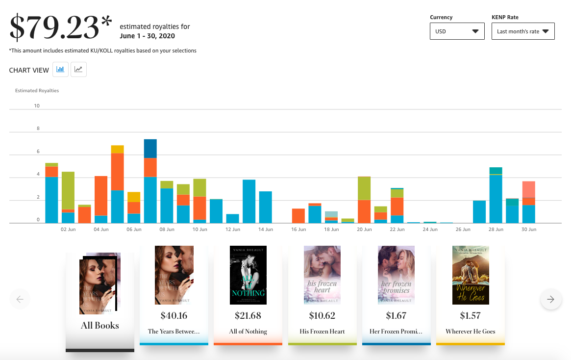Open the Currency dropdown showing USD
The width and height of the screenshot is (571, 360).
[x=457, y=31]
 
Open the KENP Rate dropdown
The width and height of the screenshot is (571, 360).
[x=523, y=31]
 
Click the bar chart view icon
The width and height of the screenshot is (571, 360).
[x=60, y=69]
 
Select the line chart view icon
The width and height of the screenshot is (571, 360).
[x=78, y=69]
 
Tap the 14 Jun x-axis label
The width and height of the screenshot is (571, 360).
[x=266, y=230]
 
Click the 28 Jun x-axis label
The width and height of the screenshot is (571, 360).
[x=496, y=230]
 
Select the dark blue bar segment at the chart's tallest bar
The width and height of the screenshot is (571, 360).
[x=150, y=149]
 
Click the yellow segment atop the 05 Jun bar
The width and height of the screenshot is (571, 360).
[x=118, y=149]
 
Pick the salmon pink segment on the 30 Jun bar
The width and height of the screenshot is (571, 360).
[x=529, y=189]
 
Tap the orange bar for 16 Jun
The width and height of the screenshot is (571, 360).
[x=298, y=216]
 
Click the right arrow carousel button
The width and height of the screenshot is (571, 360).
[x=551, y=299]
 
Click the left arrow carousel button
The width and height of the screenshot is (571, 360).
[x=20, y=299]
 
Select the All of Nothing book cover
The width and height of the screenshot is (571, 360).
[x=248, y=275]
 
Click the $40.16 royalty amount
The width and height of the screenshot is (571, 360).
[x=174, y=315]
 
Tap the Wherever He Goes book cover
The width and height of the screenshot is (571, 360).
[x=471, y=275]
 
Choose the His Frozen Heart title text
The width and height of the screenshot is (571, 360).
[x=323, y=332]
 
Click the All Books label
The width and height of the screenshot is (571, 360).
[x=100, y=325]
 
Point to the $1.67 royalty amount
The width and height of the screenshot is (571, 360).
[x=396, y=315]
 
